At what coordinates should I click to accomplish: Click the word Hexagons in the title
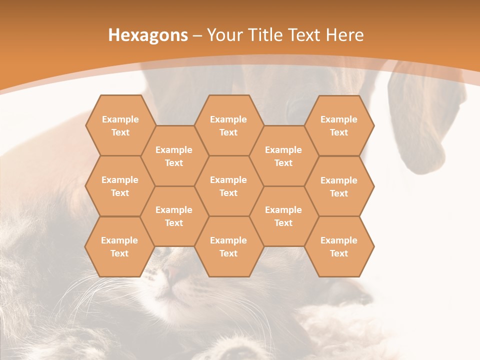[x=148, y=35]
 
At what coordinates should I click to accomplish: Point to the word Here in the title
[x=344, y=35]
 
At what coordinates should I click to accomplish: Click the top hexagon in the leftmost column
[x=120, y=125]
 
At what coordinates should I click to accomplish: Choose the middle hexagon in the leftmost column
[x=120, y=186]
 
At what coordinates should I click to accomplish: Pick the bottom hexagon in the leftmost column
[x=119, y=246]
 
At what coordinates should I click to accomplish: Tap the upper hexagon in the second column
[x=174, y=156]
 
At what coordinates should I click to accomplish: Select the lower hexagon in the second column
[x=174, y=216]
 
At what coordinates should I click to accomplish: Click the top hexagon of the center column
[x=228, y=125]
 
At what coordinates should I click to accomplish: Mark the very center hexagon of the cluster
[x=228, y=186]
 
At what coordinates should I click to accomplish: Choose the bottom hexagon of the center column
[x=228, y=246]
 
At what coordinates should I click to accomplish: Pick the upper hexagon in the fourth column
[x=283, y=156]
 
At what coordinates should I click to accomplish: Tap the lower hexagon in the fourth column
[x=283, y=216]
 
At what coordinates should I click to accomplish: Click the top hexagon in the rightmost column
[x=339, y=125]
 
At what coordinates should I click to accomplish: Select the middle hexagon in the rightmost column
[x=339, y=186]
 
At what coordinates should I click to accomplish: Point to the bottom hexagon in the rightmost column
[x=339, y=246]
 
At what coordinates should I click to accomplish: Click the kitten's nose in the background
[x=172, y=273]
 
